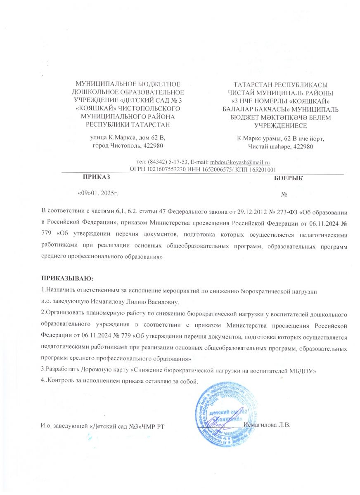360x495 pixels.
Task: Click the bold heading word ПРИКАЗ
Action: [x=97, y=177]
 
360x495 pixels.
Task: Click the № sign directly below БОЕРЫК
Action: [x=284, y=194]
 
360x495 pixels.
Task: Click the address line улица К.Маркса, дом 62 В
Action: [x=128, y=137]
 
